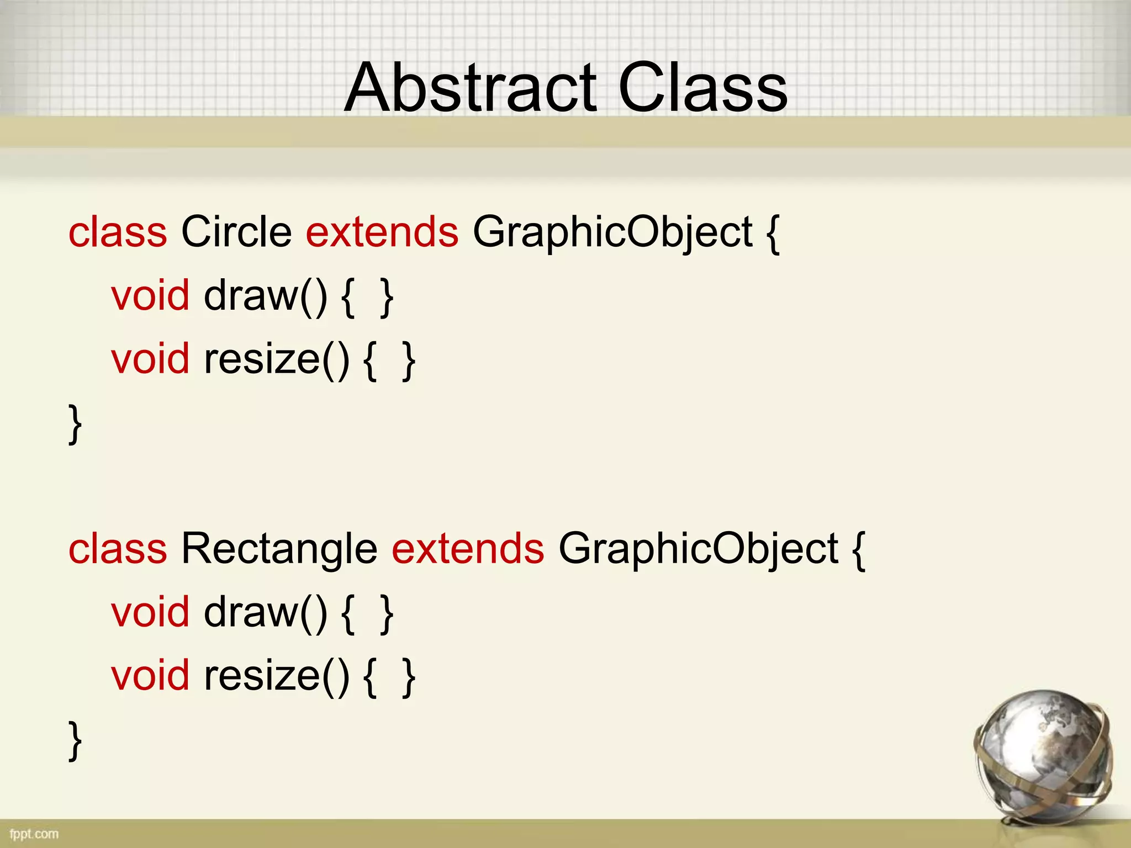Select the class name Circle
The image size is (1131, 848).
[236, 232]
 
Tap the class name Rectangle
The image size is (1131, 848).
[279, 549]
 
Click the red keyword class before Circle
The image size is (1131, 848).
[118, 232]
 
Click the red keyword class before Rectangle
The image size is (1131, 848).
[118, 549]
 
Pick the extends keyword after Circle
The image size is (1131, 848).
[382, 232]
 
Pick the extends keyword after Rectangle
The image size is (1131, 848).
[468, 549]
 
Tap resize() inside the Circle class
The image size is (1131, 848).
[277, 360]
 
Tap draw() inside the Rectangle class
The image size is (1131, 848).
[266, 613]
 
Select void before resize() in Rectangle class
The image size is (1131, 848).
[150, 676]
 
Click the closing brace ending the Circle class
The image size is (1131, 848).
[75, 424]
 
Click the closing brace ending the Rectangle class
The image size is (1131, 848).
[75, 741]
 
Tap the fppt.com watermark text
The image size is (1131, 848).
[34, 834]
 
